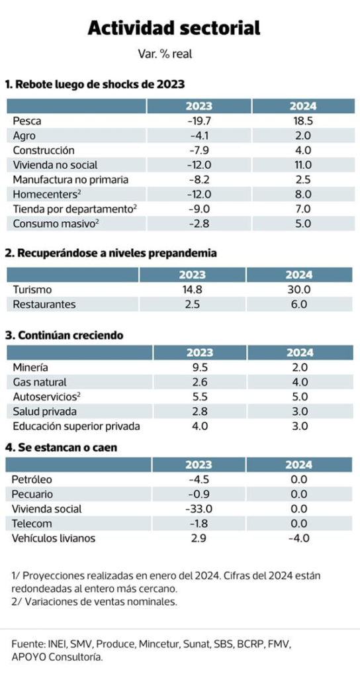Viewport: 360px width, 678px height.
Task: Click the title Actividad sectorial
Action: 174,28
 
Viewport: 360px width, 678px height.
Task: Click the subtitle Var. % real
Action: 165,54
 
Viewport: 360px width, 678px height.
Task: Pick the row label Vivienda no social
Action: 55,165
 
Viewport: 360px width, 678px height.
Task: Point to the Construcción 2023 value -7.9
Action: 199,150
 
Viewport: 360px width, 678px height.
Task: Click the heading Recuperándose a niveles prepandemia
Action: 111,254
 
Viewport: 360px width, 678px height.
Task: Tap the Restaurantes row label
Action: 44,305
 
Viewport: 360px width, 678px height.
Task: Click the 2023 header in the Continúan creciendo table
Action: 200,352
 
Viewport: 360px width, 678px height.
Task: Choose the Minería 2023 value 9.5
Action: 199,367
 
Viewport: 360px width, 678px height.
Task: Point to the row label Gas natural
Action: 39,382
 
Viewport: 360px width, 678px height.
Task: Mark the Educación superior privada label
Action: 77,426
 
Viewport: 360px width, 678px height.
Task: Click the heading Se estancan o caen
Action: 61,448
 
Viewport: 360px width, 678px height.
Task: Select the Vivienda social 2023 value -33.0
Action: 199,509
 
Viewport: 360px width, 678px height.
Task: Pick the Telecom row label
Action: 32,524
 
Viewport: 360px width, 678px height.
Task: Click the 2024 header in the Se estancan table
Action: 299,465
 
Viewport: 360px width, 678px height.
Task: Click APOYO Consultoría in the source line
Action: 58,657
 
